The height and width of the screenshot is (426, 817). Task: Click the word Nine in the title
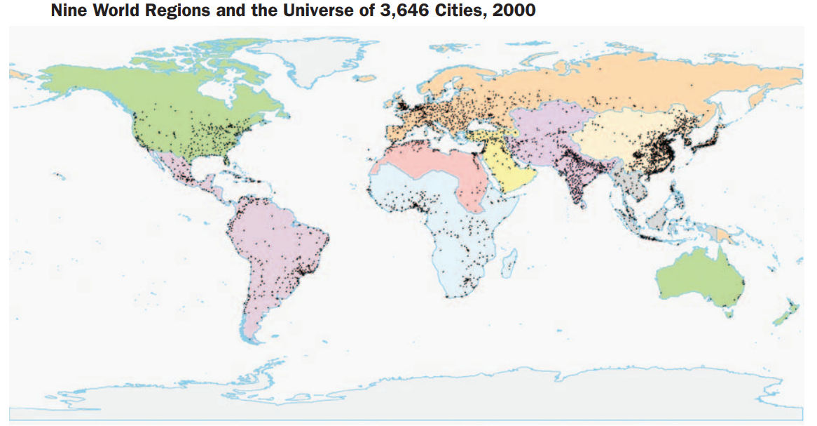[x=68, y=11]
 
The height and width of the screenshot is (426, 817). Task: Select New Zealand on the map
[x=785, y=312]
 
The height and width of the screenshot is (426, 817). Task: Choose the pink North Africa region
[x=427, y=168]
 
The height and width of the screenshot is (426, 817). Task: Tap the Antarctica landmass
[x=420, y=393]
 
